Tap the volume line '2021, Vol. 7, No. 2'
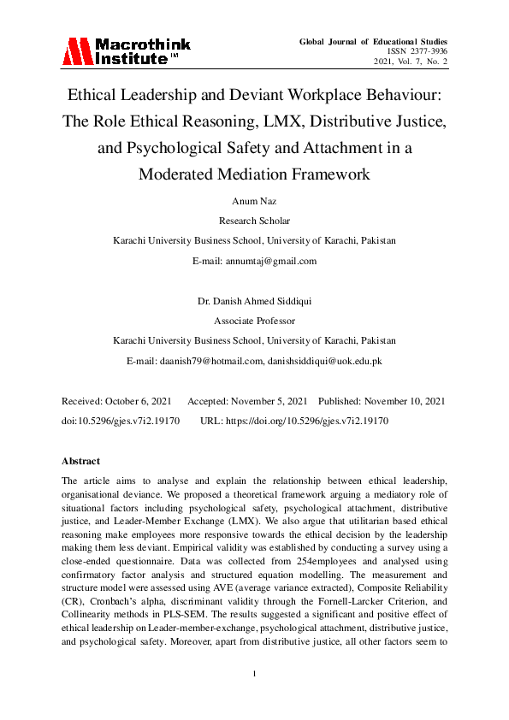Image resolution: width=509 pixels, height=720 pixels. [410, 62]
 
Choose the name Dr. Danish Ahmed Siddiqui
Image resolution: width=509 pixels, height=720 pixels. [254, 302]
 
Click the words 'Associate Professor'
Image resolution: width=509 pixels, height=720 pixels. [254, 321]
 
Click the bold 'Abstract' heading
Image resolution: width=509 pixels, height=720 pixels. [81, 461]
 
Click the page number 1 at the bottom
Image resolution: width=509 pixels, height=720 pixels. [255, 676]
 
